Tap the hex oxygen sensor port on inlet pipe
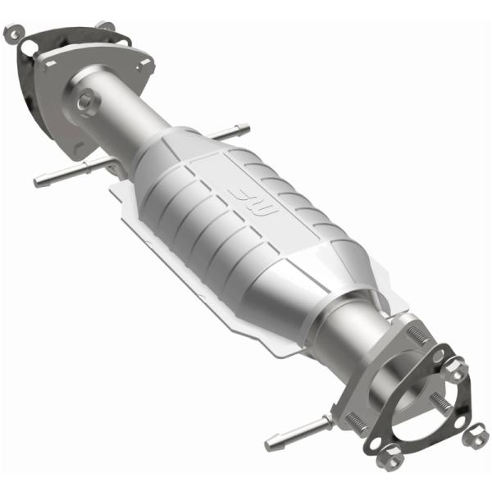[x=85, y=102]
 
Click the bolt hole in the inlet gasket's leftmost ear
[x=11, y=34]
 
